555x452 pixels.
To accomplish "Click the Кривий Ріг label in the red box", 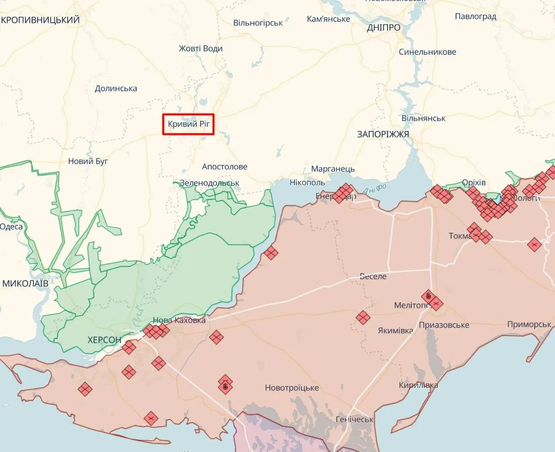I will (188, 124).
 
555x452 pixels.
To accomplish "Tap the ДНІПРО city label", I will (383, 28).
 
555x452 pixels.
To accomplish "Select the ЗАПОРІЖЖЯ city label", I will (383, 134).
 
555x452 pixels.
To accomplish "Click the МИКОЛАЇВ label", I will (25, 283).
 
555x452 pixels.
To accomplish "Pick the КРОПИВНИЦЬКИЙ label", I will (41, 20).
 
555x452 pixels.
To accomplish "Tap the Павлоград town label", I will (475, 16).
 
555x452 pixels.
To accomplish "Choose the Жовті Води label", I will (201, 49).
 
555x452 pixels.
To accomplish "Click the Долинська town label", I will (116, 88).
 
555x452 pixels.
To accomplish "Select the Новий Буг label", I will (88, 161).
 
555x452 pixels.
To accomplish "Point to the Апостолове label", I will (224, 166).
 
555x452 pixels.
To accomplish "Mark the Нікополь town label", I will (307, 182).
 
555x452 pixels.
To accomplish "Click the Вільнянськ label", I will (423, 118).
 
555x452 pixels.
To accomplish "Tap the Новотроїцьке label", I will (291, 388).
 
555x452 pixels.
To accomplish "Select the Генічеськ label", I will (354, 420).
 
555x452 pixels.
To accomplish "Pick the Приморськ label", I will (529, 325).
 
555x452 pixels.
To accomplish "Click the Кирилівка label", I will (418, 386).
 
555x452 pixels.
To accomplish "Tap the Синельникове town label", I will (427, 52).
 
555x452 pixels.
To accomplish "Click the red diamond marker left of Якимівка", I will (363, 318).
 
